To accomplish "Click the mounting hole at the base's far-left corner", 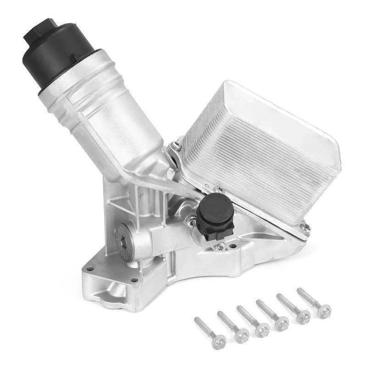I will click(x=90, y=269).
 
